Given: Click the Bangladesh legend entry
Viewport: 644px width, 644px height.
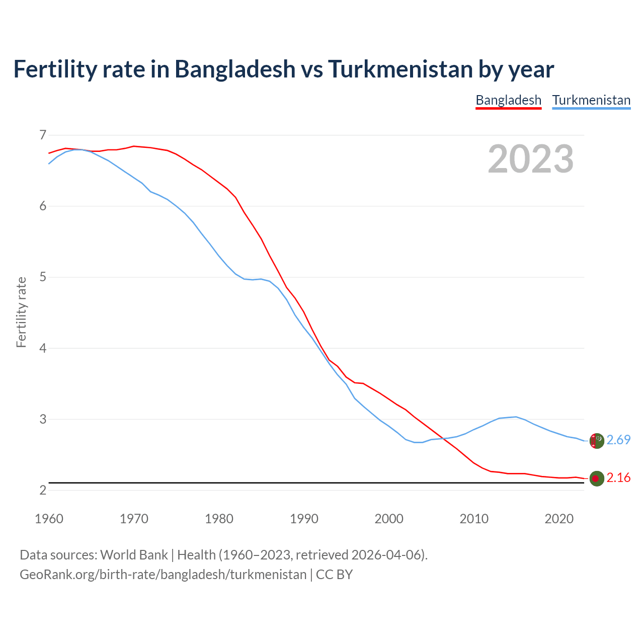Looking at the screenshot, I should point(508,100).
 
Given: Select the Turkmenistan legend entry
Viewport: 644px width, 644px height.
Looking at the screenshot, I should point(591,100).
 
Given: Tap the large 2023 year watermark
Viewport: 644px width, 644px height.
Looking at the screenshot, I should point(531,159).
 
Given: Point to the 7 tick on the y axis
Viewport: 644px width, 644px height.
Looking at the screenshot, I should point(42,135).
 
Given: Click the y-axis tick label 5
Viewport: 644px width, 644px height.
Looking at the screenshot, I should point(42,277).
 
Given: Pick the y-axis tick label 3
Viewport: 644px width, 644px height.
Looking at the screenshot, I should point(42,419).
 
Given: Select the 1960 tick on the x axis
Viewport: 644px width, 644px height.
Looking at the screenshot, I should point(49,519).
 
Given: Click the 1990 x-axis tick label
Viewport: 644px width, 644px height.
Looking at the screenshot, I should point(304,519).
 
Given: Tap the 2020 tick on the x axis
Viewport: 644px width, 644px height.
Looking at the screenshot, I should point(559,519).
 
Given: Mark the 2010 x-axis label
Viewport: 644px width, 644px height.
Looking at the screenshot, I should point(474,519).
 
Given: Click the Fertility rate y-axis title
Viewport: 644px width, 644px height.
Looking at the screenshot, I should point(21,312).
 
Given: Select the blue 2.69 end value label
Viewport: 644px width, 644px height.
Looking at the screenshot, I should point(618,440).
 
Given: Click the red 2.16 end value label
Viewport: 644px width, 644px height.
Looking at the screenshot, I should point(618,478).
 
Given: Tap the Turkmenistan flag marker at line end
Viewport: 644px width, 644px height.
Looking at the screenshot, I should point(597,441).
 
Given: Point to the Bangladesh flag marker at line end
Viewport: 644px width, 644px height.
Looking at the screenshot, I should point(597,478).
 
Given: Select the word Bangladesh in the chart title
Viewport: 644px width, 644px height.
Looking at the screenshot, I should point(235,69).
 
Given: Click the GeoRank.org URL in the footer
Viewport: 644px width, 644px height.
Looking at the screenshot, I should point(163,575).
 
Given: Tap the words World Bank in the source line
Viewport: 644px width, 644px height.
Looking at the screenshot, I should point(134,555).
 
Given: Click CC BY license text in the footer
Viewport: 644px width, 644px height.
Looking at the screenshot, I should point(334,575).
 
